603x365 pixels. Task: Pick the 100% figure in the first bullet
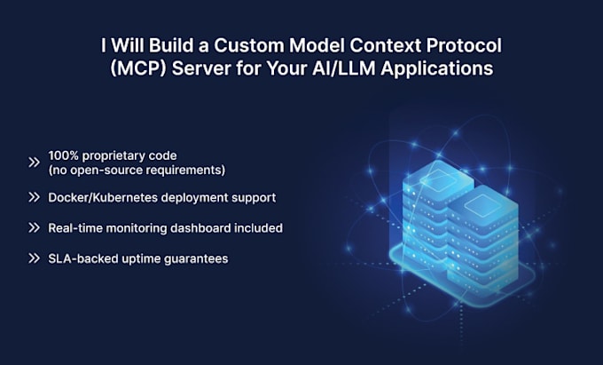pos(64,156)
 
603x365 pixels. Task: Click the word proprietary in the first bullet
pos(116,156)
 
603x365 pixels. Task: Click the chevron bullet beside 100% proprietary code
pos(34,163)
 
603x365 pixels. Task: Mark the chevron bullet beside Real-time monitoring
pos(34,228)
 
